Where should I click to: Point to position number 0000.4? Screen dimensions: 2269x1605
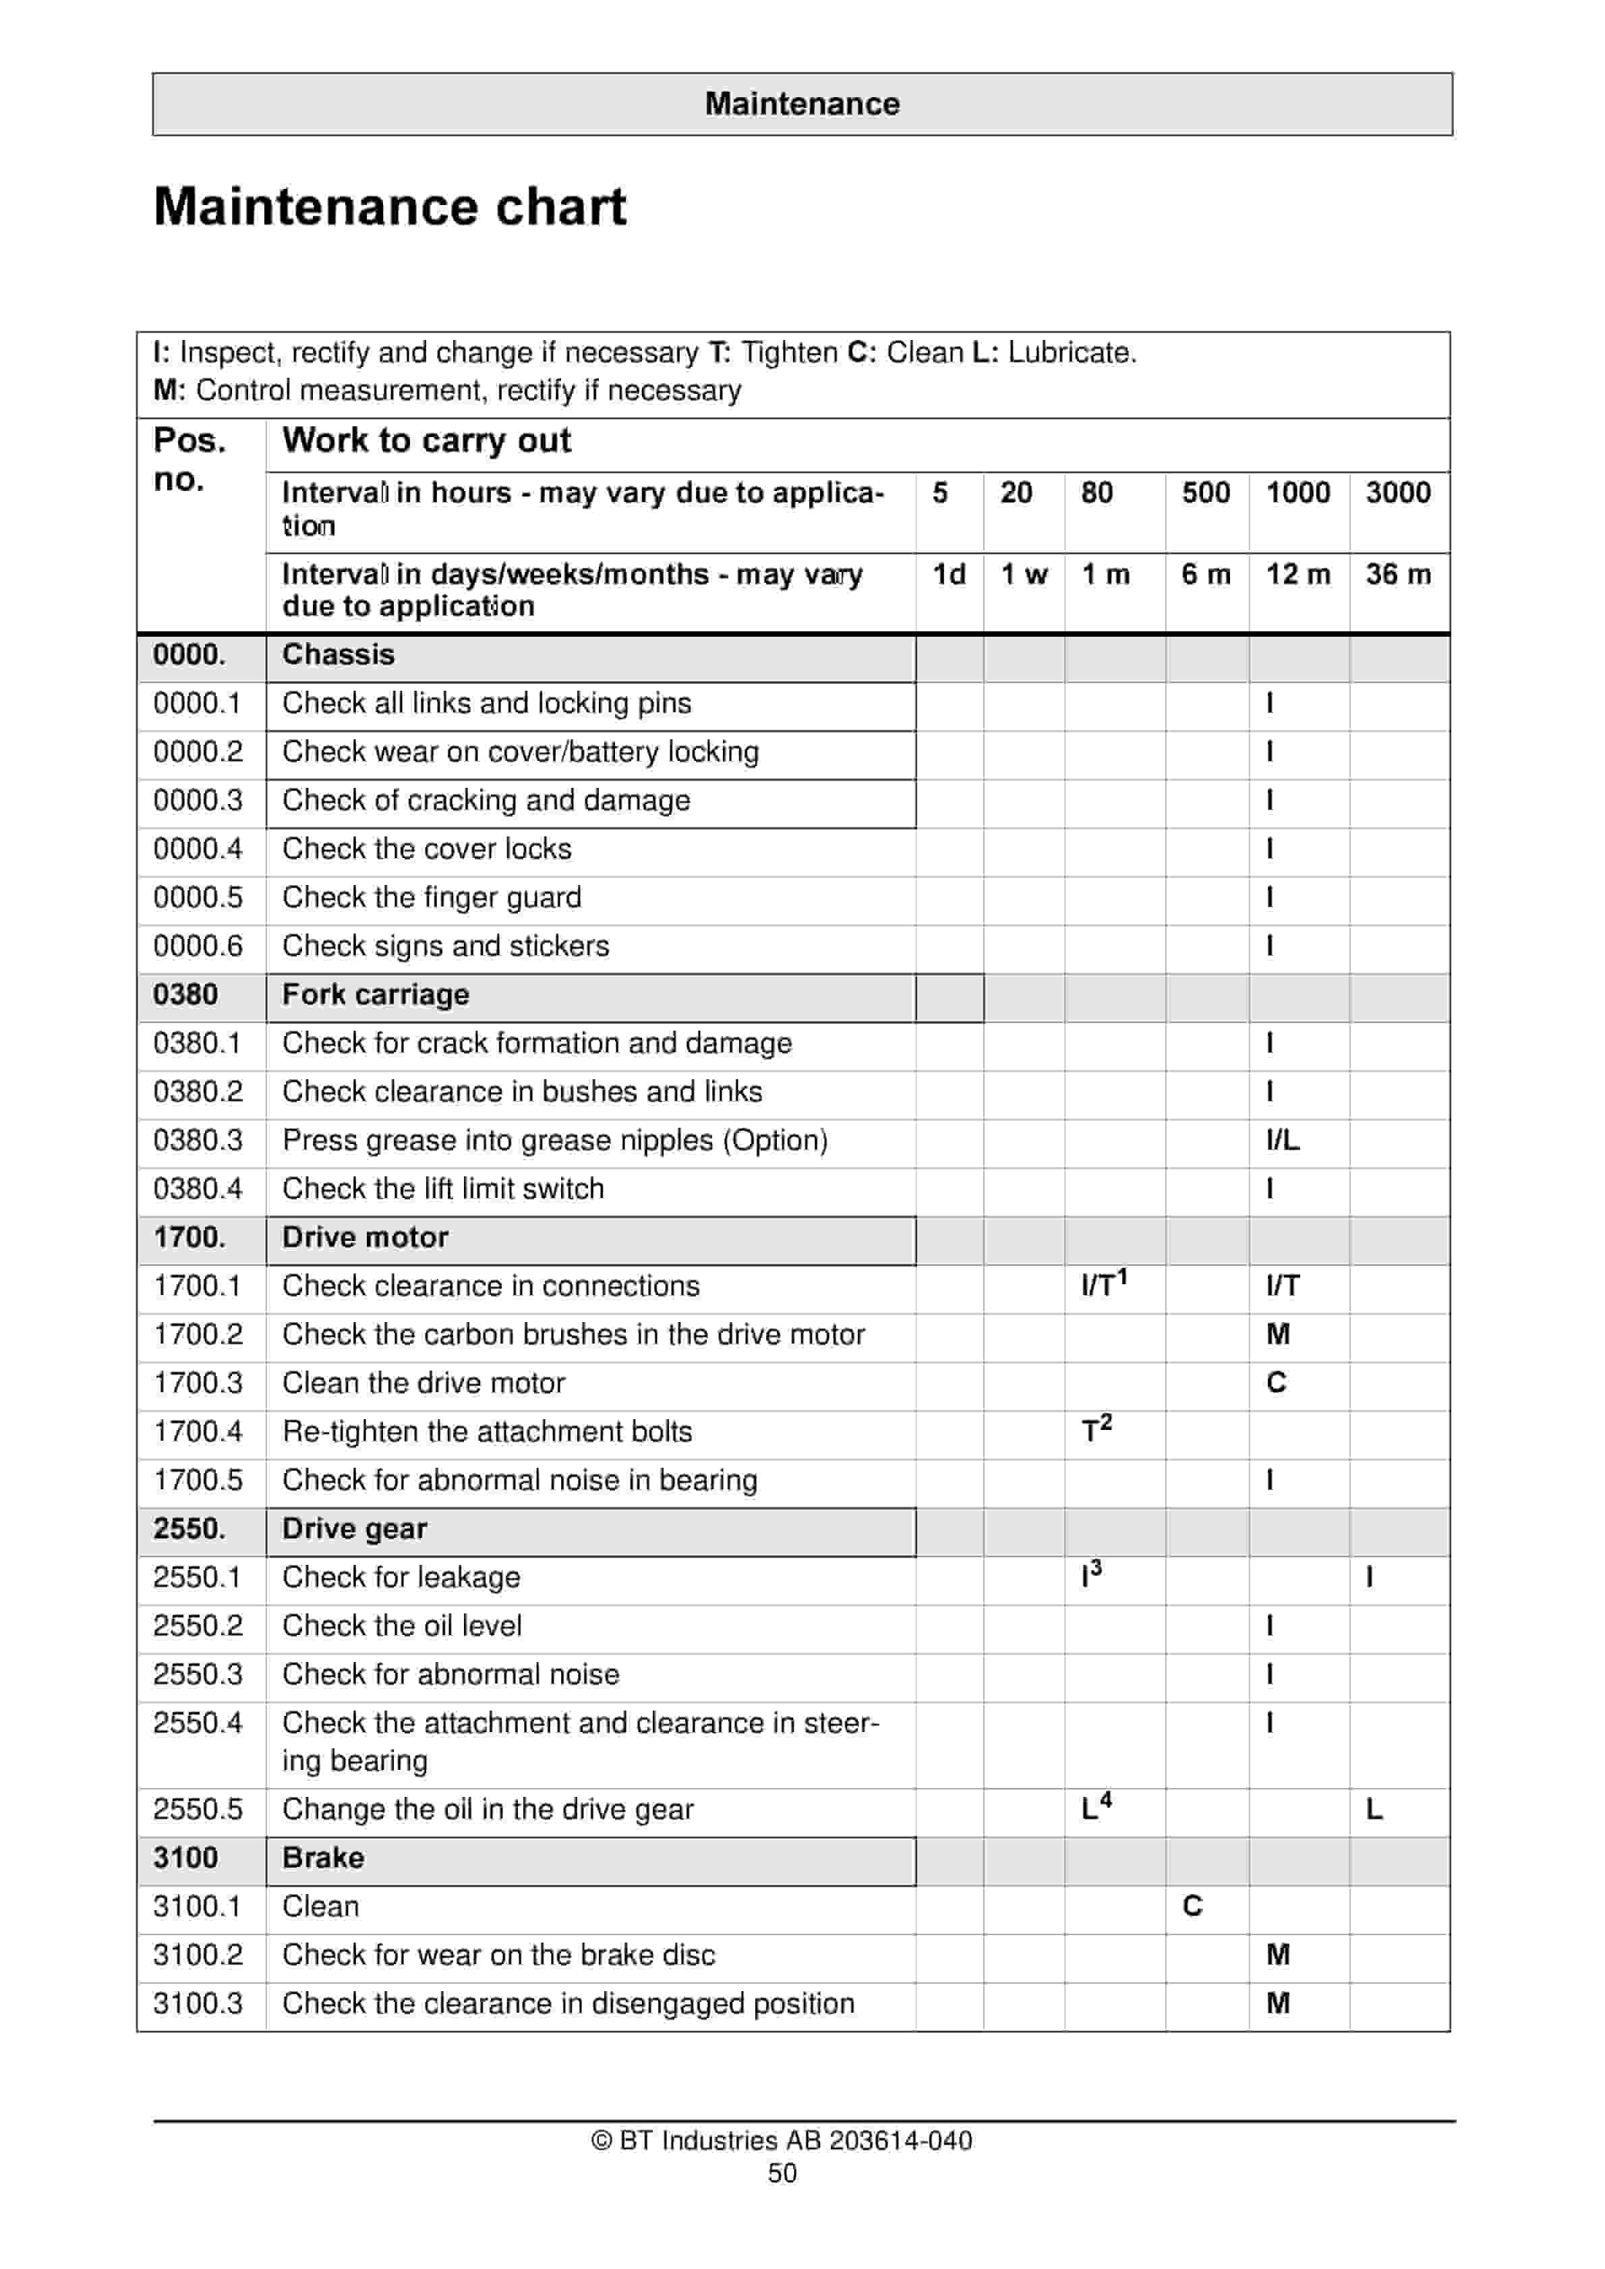198,849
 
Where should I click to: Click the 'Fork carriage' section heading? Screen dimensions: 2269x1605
376,994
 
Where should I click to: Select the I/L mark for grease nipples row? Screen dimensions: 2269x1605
1283,1141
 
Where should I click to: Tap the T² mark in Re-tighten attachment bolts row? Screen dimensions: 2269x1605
1096,1429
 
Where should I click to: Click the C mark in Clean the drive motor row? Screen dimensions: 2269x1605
1276,1383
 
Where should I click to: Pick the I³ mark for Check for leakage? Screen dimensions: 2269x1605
1091,1574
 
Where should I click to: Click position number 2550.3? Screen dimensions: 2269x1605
198,1674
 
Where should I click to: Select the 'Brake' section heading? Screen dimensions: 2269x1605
323,1857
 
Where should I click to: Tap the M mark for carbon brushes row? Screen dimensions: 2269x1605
1278,1334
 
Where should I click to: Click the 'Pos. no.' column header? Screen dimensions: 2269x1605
189,459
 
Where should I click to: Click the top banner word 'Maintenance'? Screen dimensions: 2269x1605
802,104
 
